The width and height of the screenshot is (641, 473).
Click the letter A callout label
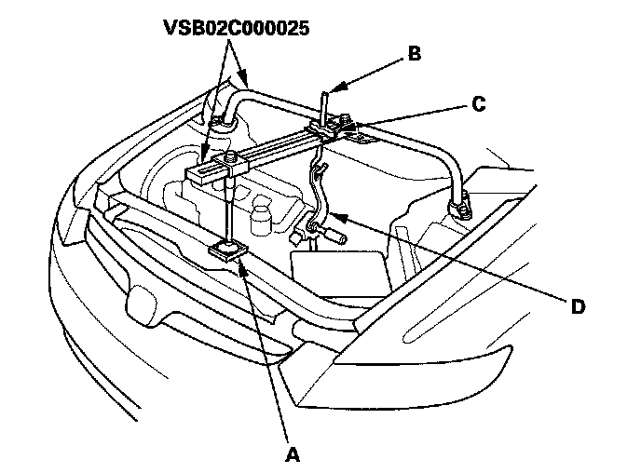tap(293, 455)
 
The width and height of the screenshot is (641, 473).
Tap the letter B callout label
tap(413, 55)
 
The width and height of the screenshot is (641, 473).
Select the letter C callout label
tap(477, 105)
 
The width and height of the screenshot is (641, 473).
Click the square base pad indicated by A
tap(227, 250)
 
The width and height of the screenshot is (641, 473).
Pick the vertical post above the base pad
tap(226, 209)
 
